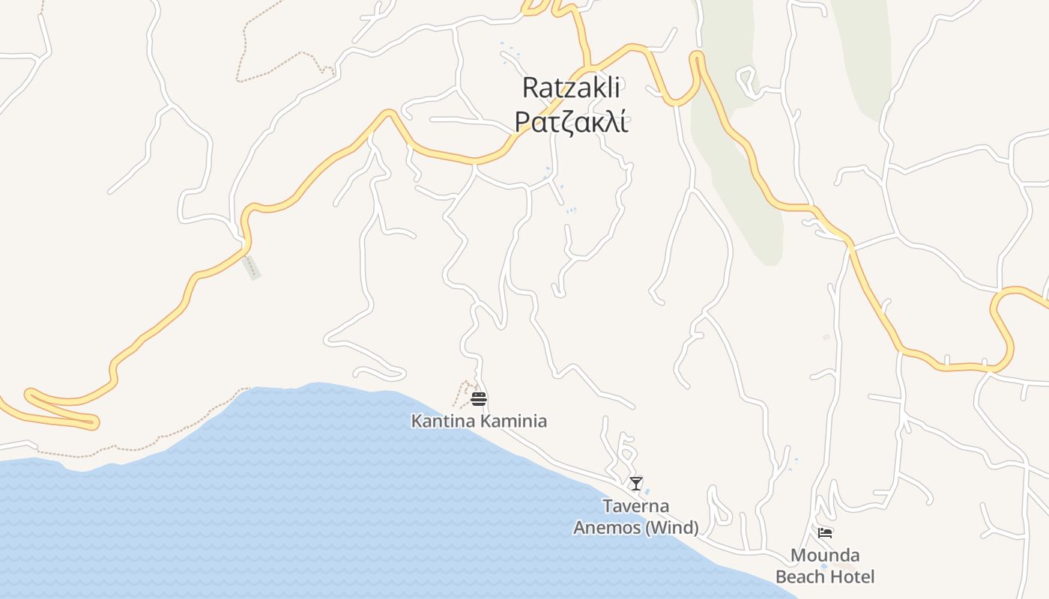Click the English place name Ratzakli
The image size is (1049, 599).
pyautogui.click(x=571, y=88)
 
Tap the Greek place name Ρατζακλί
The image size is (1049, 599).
pyautogui.click(x=571, y=121)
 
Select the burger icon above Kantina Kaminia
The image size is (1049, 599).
pyautogui.click(x=479, y=398)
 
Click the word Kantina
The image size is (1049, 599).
pyautogui.click(x=443, y=421)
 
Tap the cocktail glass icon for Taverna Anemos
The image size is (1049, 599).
pyautogui.click(x=636, y=484)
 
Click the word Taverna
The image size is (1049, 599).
pyautogui.click(x=636, y=506)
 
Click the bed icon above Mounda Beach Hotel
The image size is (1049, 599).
pyautogui.click(x=825, y=532)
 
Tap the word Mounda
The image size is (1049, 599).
pyautogui.click(x=825, y=556)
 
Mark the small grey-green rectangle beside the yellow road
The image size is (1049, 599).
pyautogui.click(x=253, y=267)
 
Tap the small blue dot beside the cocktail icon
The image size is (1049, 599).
pyautogui.click(x=647, y=491)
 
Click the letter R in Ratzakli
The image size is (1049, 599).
pyautogui.click(x=530, y=88)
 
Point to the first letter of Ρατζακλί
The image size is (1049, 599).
pyautogui.click(x=523, y=123)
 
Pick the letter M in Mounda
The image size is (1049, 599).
pyautogui.click(x=799, y=556)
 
